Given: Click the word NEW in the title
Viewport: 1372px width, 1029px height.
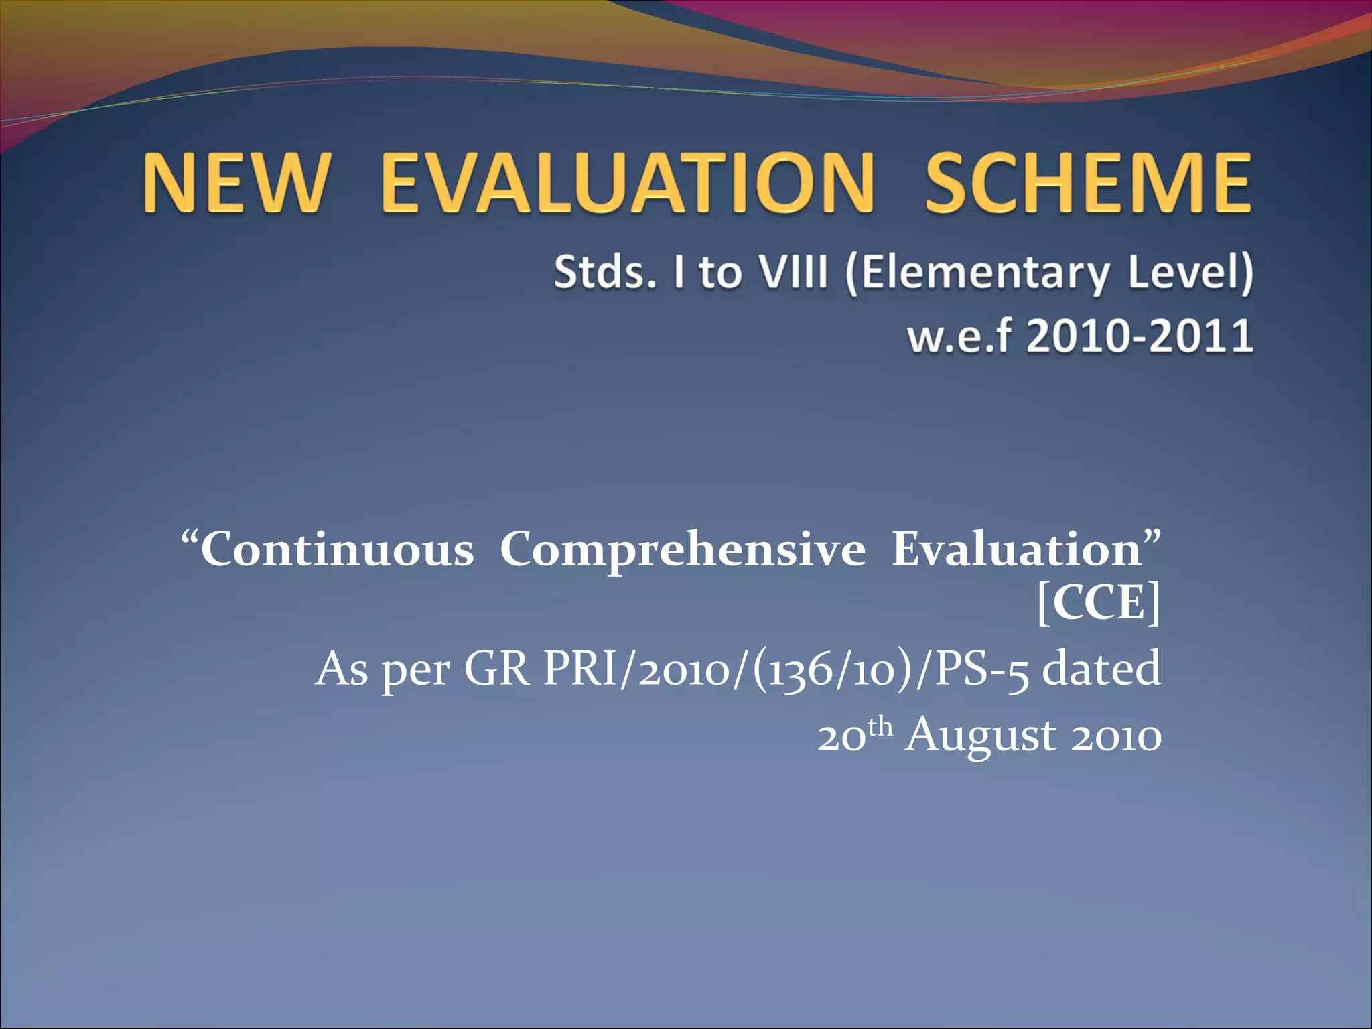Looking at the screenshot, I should (236, 182).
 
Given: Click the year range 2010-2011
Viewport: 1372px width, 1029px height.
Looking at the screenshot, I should (1140, 336).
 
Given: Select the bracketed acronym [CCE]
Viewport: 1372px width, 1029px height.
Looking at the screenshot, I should (1098, 604).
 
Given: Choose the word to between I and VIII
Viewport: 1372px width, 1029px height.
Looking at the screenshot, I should (720, 274).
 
